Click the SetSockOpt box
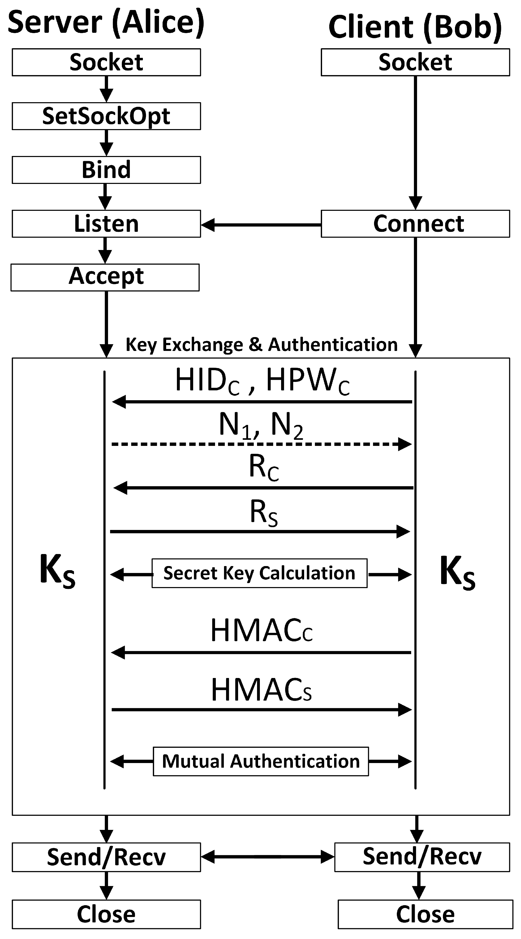106,116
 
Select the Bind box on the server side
106,170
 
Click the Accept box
105,277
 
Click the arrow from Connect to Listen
261,225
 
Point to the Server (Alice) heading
106,23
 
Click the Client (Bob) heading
415,27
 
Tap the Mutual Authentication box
261,761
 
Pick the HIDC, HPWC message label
262,381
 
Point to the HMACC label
261,631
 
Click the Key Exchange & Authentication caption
261,345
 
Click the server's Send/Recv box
106,857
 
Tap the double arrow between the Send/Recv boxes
267,857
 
